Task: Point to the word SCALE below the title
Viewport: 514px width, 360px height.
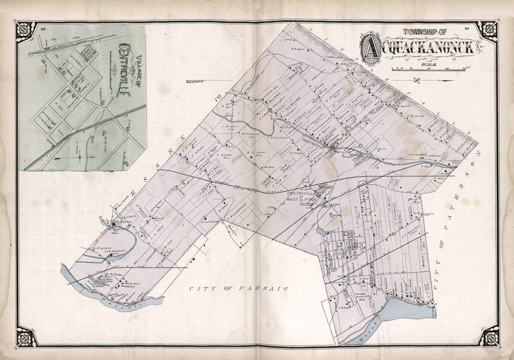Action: (x=429, y=64)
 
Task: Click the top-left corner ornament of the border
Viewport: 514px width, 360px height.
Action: (x=26, y=30)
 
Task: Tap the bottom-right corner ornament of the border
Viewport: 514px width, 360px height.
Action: (x=488, y=335)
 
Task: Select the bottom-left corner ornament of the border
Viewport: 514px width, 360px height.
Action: (x=26, y=335)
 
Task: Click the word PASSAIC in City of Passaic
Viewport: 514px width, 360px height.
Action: (x=268, y=289)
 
